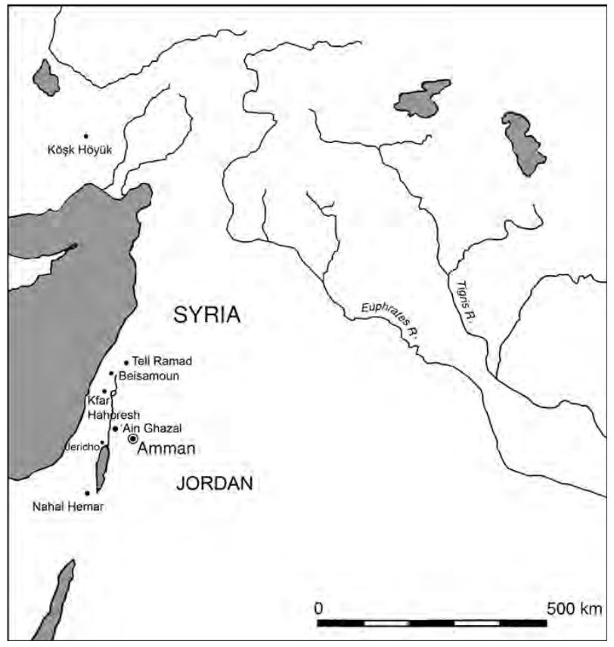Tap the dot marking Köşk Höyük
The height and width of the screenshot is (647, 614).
pyautogui.click(x=85, y=136)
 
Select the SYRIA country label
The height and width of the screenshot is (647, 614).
pyautogui.click(x=206, y=316)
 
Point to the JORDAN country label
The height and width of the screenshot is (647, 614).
pyautogui.click(x=214, y=484)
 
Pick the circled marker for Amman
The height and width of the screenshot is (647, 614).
pyautogui.click(x=133, y=438)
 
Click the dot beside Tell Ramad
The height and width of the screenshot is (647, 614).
pyautogui.click(x=126, y=363)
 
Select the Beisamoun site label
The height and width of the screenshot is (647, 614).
pyautogui.click(x=149, y=375)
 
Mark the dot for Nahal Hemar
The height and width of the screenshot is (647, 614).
pyautogui.click(x=88, y=493)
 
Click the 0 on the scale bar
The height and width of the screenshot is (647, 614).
pyautogui.click(x=319, y=608)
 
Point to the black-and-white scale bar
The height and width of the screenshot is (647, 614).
pyautogui.click(x=432, y=623)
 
